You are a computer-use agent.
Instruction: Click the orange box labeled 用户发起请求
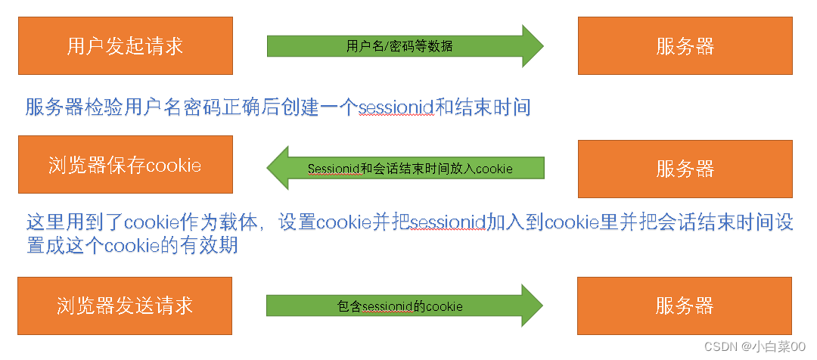(x=125, y=46)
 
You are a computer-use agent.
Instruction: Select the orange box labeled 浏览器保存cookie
(x=125, y=166)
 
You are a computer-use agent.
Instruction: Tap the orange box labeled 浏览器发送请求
(x=125, y=306)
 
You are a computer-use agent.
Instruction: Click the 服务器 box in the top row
(x=685, y=46)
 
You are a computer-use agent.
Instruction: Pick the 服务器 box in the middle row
(x=685, y=167)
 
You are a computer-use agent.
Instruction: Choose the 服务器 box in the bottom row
(x=685, y=306)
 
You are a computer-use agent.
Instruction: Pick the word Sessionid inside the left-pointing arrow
(x=333, y=169)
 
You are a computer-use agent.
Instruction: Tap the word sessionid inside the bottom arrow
(x=389, y=307)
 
